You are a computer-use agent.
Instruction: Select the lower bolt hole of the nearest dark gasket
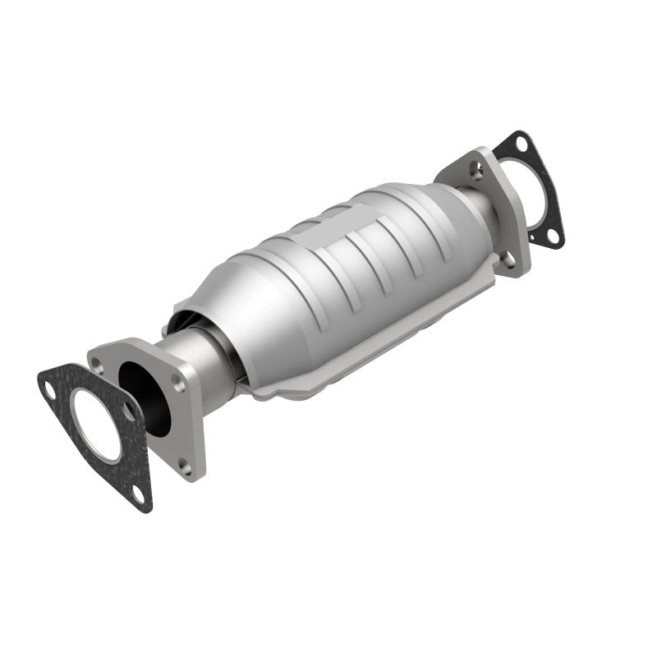(137, 493)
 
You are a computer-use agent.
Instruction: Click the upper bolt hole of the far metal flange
(476, 170)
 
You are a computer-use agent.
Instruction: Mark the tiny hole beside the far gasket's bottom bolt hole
(534, 239)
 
